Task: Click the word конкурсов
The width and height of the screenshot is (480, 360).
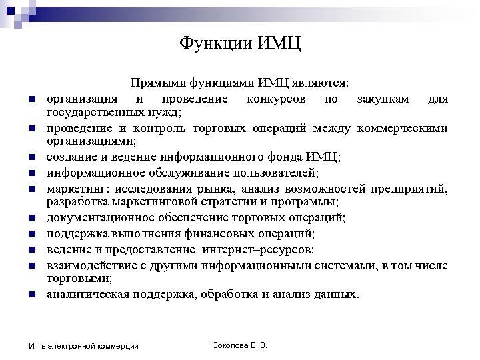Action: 276,99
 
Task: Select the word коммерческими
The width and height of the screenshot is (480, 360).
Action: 402,128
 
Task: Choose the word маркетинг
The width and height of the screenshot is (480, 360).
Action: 75,189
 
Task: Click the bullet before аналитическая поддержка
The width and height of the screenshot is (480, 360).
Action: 31,295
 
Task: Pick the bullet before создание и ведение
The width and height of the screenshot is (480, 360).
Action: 31,158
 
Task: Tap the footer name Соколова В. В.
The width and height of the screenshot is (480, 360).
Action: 239,345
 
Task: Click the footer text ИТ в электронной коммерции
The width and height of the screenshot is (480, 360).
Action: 83,345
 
